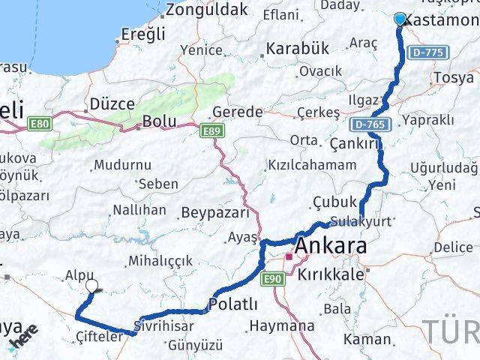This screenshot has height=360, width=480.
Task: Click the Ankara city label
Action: (331, 247)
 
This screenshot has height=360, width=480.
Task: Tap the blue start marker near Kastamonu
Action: (400, 19)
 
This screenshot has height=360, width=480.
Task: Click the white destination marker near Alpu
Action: (92, 285)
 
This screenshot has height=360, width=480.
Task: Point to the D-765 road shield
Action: (369, 123)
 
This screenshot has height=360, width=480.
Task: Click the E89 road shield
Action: (213, 131)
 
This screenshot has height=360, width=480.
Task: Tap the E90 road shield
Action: (274, 278)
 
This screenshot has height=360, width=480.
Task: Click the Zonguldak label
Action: (196, 10)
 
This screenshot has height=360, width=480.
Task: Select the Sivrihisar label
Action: (163, 326)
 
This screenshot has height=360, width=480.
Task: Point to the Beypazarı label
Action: (215, 213)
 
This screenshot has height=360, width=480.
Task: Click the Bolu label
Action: (159, 121)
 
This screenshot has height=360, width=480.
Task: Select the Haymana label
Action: (281, 326)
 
